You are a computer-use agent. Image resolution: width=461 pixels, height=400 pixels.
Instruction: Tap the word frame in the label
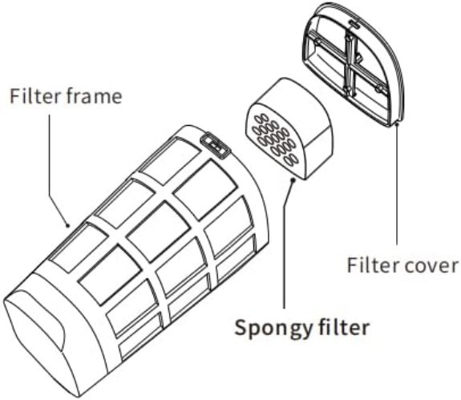pos(91,96)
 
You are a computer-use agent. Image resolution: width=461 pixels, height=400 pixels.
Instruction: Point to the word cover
pos(431,265)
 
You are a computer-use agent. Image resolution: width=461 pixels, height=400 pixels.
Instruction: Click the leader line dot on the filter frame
pos(68,226)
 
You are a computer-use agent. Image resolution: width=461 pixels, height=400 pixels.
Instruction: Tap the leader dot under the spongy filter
pos(293,180)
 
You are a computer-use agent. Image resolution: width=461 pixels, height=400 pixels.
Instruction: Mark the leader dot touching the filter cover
pos(397,124)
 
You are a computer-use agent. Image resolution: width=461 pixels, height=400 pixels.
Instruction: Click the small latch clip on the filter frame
pos(216,145)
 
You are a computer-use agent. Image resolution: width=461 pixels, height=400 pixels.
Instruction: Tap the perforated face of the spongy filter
pos(275,140)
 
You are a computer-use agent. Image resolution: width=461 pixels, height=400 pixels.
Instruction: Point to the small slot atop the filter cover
pos(354,24)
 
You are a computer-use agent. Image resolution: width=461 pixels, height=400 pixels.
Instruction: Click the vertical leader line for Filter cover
pos(397,184)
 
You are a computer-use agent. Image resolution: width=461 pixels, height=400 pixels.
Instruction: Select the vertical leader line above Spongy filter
pos(285,244)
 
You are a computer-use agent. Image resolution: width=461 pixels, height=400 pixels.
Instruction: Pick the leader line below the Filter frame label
pos(56,171)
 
